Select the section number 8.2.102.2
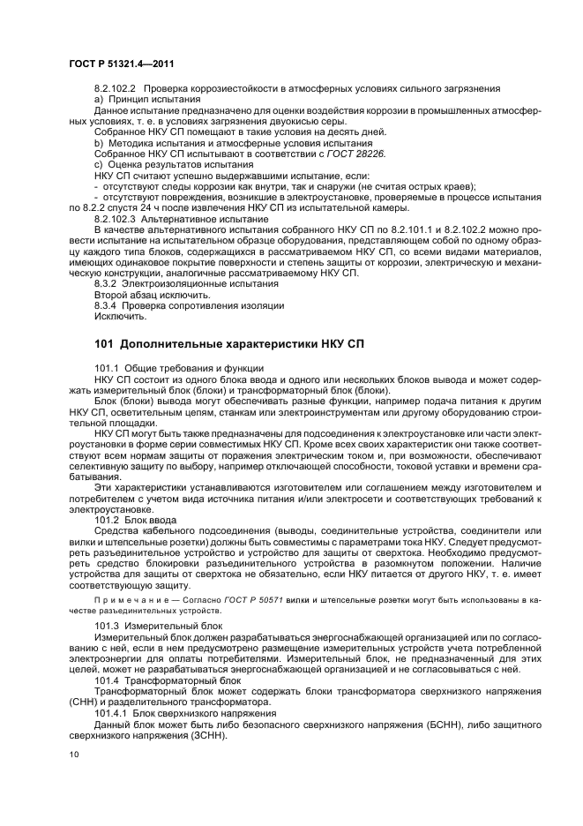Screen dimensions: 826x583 (116, 89)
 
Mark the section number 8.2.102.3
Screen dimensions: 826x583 (116, 216)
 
